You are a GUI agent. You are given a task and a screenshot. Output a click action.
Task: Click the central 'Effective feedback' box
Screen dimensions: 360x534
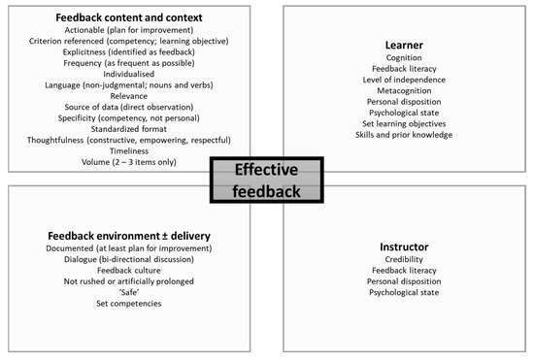[x=266, y=180]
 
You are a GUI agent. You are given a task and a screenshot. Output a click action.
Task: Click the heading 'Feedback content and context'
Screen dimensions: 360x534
[x=129, y=17]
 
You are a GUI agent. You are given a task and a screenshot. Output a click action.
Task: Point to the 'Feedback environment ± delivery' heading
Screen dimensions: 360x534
[x=129, y=236]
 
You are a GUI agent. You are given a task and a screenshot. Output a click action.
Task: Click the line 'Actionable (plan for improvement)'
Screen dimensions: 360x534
[x=129, y=30]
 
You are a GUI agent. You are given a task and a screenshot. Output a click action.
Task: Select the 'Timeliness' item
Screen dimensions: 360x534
[x=129, y=150]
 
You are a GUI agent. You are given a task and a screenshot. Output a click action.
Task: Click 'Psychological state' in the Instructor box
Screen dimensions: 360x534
[x=403, y=292]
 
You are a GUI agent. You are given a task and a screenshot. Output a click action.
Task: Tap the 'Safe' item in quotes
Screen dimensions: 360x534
[x=129, y=292]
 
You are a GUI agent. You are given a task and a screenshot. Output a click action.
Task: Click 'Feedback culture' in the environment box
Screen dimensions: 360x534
[x=129, y=271]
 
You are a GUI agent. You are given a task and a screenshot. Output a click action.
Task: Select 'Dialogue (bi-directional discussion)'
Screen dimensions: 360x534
[x=129, y=259]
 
